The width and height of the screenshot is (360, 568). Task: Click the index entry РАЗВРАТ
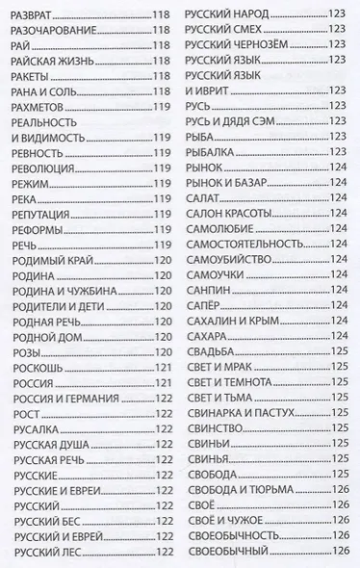point(35,15)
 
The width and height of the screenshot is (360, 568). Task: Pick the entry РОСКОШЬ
point(38,366)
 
